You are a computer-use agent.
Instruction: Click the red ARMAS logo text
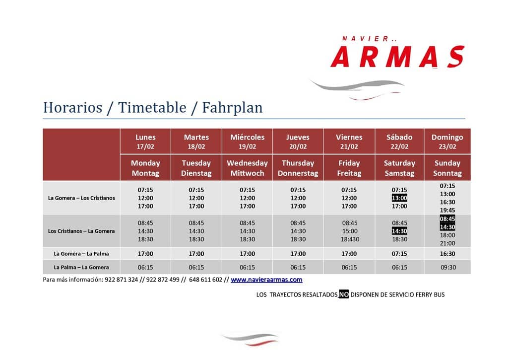(x=397, y=57)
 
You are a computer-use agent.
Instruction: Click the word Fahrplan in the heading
(x=232, y=108)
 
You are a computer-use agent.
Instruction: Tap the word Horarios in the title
(x=72, y=108)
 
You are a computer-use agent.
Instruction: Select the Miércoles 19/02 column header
(x=247, y=142)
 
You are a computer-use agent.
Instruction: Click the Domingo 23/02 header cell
(x=447, y=142)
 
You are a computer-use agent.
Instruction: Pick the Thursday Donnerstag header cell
(x=298, y=168)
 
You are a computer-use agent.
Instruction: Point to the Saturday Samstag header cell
(x=399, y=168)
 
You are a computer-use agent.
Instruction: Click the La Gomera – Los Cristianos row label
(x=81, y=198)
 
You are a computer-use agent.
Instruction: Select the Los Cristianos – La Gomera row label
(x=81, y=231)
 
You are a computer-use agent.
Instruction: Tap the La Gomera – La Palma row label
(x=81, y=254)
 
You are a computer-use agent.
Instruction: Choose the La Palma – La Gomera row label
(x=81, y=267)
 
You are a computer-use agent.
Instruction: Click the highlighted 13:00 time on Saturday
(x=399, y=198)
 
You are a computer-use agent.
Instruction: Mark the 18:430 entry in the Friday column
(x=349, y=239)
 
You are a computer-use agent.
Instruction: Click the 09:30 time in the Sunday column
(x=448, y=267)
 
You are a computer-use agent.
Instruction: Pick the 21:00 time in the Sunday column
(x=447, y=243)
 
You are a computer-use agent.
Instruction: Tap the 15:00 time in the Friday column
(x=350, y=231)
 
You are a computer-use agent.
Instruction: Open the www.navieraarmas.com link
(x=266, y=280)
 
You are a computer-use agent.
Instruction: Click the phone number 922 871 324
(x=121, y=280)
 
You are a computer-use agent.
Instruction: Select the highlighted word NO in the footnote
(x=343, y=294)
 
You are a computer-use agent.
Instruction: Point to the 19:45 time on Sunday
(x=447, y=210)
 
